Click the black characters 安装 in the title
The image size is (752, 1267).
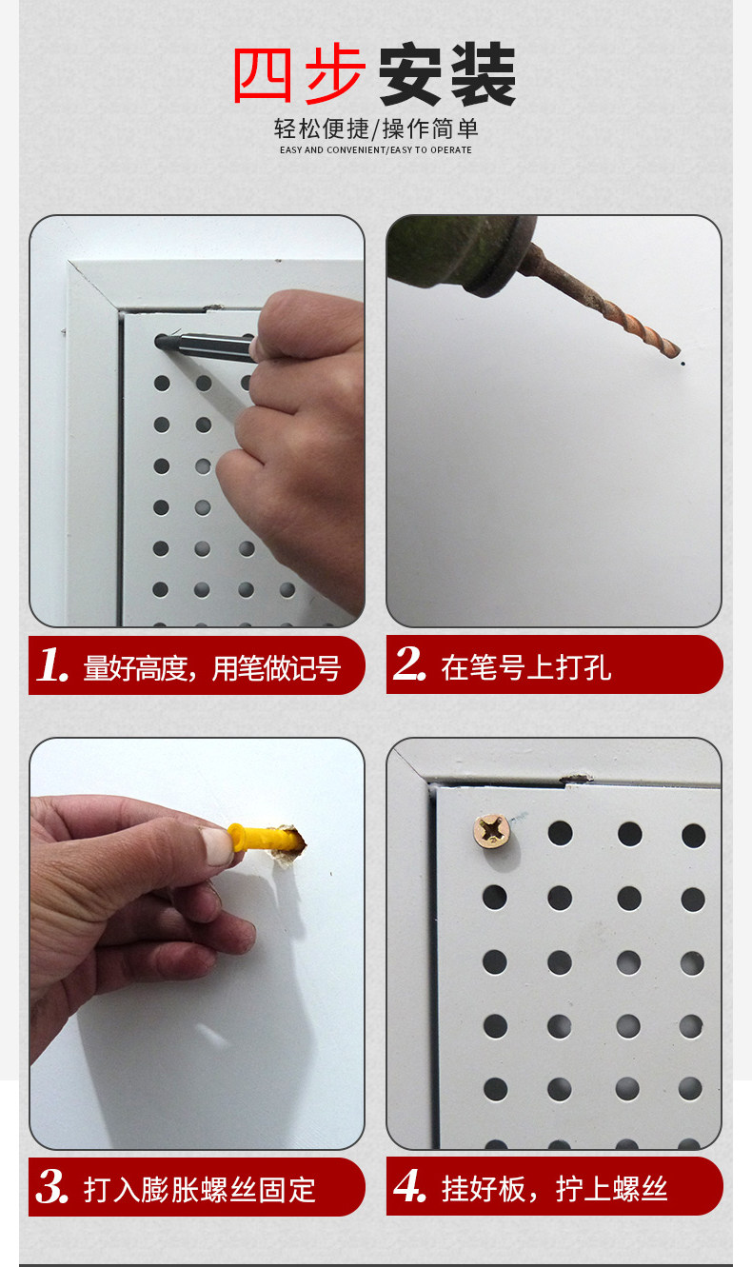[446, 74]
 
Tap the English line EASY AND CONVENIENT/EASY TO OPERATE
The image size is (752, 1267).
[375, 149]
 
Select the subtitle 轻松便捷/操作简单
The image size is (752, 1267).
[376, 129]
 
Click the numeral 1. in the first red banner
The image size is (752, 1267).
[52, 664]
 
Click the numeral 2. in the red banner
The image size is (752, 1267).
[409, 663]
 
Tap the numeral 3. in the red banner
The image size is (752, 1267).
[52, 1186]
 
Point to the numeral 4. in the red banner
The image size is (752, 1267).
[409, 1185]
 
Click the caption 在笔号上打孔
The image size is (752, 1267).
[525, 667]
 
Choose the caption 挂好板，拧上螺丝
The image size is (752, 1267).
[554, 1188]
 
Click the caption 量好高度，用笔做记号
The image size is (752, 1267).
[212, 668]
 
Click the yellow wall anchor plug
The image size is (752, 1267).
[261, 836]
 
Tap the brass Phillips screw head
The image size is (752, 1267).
[492, 831]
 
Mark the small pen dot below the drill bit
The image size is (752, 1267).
[683, 364]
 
